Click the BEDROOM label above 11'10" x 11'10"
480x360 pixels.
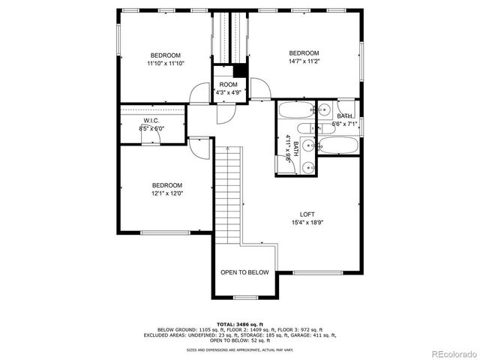tap(165, 55)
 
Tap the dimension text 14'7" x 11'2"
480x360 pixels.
tap(304, 62)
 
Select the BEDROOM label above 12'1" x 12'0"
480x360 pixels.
tap(166, 185)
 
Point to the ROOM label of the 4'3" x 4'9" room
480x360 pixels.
tap(228, 85)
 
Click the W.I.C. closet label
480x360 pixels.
tap(151, 120)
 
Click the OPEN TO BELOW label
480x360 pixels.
tap(244, 272)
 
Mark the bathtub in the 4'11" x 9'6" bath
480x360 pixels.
tap(294, 113)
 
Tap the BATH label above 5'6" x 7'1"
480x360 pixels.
tap(344, 116)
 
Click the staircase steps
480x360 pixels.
tap(229, 195)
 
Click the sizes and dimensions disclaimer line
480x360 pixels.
tap(239, 349)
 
